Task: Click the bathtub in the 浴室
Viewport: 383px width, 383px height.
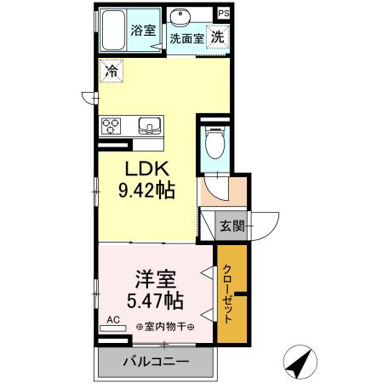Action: coord(113,31)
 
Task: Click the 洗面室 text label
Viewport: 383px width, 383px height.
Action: coord(186,38)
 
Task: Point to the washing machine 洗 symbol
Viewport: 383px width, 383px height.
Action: coord(218,37)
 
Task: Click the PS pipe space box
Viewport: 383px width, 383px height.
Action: coord(223,14)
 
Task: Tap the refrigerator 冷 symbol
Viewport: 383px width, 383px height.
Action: coord(111,72)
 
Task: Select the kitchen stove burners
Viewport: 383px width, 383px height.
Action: coord(112,128)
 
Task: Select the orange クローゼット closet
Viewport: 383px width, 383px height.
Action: coord(231,294)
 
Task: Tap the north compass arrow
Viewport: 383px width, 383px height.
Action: coord(298,363)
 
